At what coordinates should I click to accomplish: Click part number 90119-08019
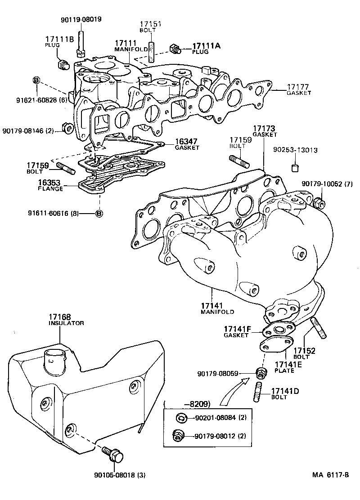tap(81, 19)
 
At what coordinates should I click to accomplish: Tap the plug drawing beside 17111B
tap(63, 65)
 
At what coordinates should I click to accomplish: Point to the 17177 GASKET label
tap(299, 89)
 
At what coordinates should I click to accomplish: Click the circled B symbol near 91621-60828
tap(36, 80)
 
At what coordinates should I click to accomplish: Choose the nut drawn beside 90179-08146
tap(69, 129)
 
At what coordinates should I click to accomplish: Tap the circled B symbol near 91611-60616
tap(99, 213)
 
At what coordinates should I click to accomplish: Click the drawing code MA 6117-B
tap(331, 475)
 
